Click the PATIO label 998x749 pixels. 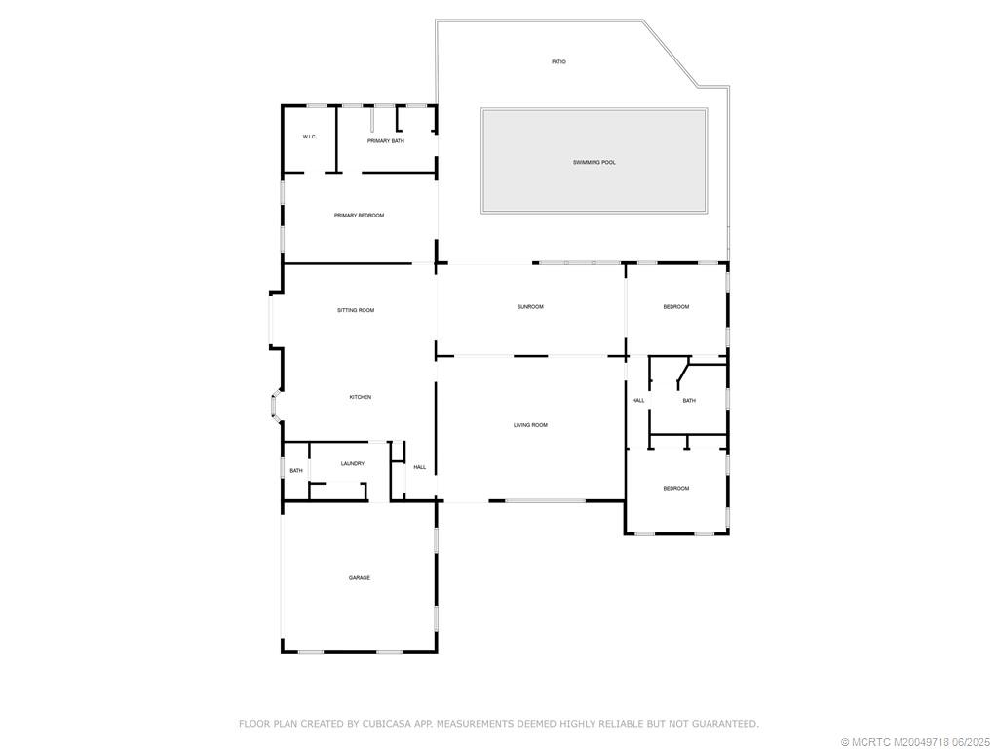[558, 62]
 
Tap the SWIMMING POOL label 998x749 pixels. [595, 162]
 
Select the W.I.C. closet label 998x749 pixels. [309, 137]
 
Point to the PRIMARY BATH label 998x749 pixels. [386, 141]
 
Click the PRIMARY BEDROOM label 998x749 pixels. [359, 216]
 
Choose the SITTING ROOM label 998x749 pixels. [356, 310]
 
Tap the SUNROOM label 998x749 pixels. [530, 307]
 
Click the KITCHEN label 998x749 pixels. [361, 397]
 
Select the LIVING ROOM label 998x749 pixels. [531, 425]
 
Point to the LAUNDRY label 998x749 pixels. [352, 464]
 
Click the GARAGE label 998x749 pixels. [360, 578]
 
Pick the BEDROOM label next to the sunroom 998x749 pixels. [676, 307]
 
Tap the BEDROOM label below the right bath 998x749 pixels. [676, 489]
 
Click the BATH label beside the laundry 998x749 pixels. [296, 471]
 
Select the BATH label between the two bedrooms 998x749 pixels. [689, 401]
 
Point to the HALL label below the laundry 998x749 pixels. [420, 467]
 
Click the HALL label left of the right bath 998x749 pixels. [638, 401]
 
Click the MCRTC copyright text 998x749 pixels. [896, 742]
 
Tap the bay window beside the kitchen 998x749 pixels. [275, 407]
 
